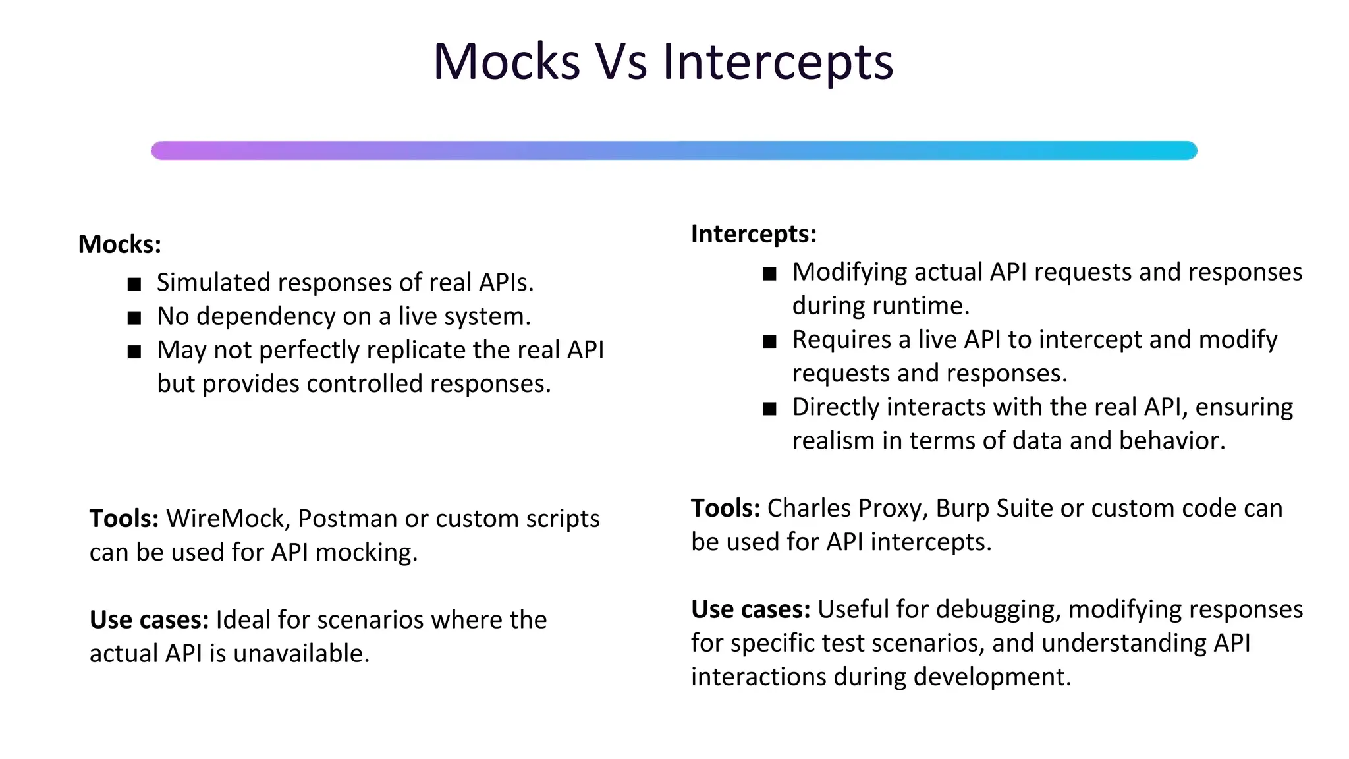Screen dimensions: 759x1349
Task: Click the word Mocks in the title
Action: tap(506, 62)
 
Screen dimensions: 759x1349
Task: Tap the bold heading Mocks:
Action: tap(119, 244)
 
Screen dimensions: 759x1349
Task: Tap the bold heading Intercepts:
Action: tap(754, 234)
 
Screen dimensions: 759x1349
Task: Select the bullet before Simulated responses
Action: tap(134, 284)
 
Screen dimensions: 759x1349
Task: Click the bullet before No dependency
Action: tap(134, 318)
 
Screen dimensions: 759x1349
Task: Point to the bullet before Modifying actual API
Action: tap(769, 273)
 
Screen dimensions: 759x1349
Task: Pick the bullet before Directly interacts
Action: tap(769, 408)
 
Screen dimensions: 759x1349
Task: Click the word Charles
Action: tap(807, 508)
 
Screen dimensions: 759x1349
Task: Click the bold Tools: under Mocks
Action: tap(124, 519)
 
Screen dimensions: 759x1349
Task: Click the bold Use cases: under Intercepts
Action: tap(750, 609)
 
